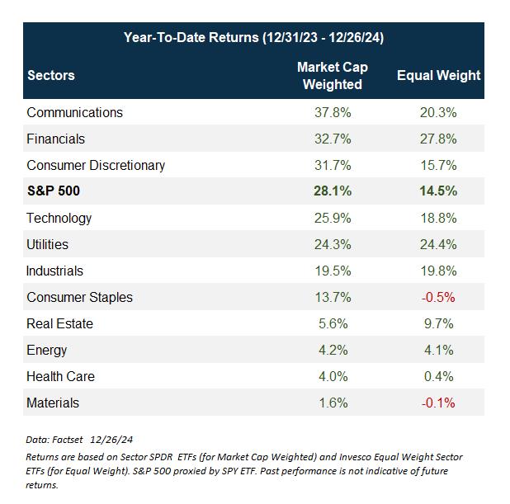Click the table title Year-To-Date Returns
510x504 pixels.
pos(253,37)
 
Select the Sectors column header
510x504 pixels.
pos(50,75)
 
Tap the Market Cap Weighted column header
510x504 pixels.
pos(332,75)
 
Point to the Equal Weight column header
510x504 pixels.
pos(438,75)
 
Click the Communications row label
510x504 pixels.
pos(74,112)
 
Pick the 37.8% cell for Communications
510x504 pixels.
pos(332,112)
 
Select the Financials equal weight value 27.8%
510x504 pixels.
pos(438,139)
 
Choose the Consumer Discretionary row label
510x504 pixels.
pos(96,165)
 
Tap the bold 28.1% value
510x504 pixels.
pos(332,191)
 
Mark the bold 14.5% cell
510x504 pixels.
pos(438,191)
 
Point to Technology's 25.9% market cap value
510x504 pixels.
pos(332,218)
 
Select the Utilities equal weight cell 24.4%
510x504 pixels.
pos(438,244)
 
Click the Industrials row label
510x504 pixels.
pos(54,271)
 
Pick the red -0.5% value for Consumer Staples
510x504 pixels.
pos(438,297)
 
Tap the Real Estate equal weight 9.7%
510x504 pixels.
pos(438,323)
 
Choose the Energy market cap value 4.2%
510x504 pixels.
pos(332,350)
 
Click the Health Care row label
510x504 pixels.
pos(60,376)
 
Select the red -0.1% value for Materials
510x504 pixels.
pos(438,403)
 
